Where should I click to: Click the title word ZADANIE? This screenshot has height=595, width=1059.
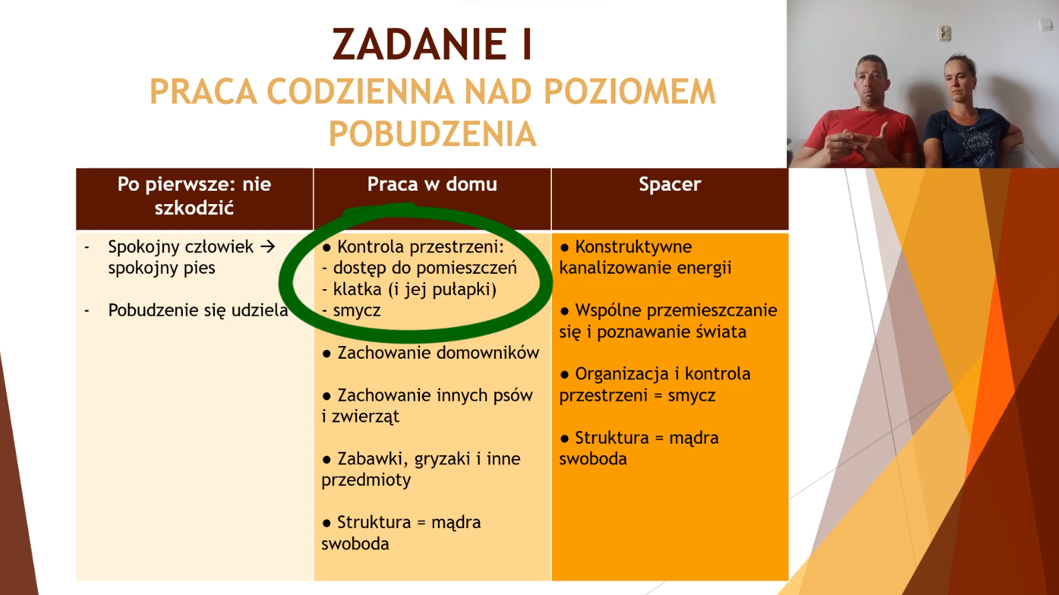[414, 44]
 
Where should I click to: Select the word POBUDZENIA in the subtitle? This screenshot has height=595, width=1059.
[433, 134]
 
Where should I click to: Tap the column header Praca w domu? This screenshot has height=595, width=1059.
[432, 184]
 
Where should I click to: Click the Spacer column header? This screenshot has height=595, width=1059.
[670, 185]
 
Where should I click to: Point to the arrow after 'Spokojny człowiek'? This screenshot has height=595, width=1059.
[267, 246]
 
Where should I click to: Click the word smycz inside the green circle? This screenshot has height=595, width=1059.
[356, 311]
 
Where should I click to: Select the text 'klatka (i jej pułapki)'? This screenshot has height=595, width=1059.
[415, 290]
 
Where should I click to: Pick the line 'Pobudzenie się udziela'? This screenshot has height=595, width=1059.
[198, 311]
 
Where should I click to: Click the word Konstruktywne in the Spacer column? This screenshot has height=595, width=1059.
[633, 246]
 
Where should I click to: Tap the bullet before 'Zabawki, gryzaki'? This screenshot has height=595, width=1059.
[326, 460]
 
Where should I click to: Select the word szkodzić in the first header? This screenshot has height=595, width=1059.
[194, 207]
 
